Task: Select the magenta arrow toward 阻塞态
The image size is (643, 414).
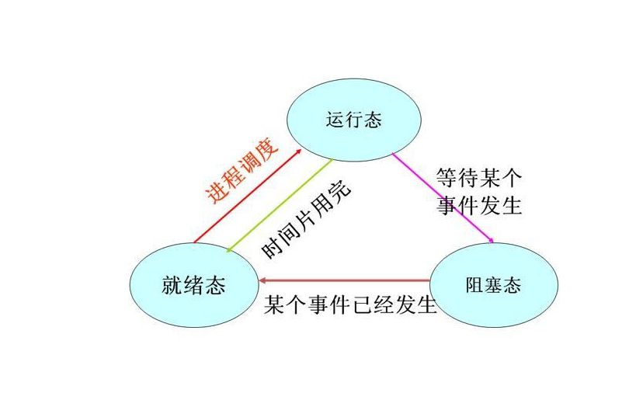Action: pyautogui.click(x=443, y=197)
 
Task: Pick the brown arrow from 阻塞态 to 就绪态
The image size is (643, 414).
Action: pyautogui.click(x=346, y=280)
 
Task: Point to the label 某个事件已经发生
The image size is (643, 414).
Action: pyautogui.click(x=351, y=304)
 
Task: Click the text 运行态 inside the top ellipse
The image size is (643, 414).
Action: pyautogui.click(x=354, y=120)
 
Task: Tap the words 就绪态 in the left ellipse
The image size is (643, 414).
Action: pyautogui.click(x=193, y=285)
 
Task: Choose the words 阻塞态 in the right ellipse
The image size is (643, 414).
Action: pyautogui.click(x=494, y=285)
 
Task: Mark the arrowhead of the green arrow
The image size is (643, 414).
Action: pyautogui.click(x=228, y=249)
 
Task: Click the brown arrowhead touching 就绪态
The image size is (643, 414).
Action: pyautogui.click(x=263, y=280)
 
